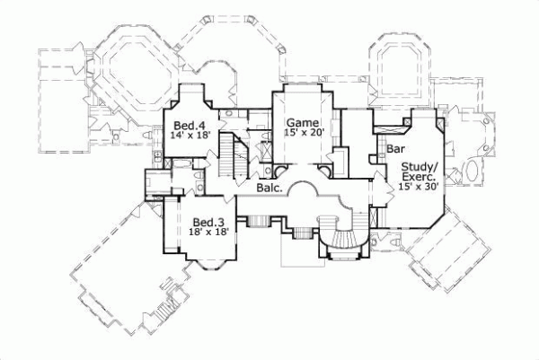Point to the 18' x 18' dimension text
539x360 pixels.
(208, 232)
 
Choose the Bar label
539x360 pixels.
(393, 148)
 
